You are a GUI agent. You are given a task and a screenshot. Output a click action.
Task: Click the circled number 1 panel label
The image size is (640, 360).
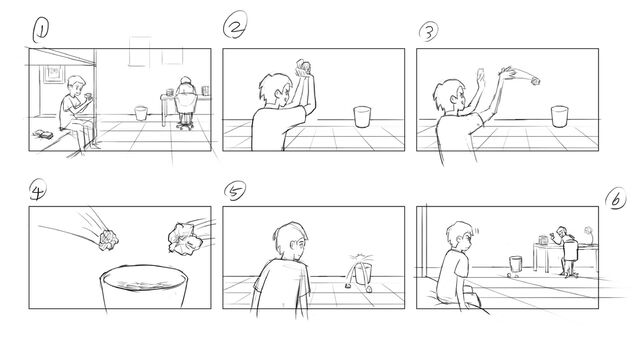pos(40,30)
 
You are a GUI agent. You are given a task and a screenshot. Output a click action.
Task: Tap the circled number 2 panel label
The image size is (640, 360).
pos(235,24)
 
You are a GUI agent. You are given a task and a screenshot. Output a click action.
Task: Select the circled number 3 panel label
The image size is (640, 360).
pos(429,31)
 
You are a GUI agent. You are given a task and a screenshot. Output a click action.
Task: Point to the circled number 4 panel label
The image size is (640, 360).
pos(38,191)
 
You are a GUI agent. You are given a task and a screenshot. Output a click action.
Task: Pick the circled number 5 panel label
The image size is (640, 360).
pos(235,191)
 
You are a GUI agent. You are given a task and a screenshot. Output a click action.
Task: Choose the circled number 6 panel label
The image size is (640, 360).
pos(616,199)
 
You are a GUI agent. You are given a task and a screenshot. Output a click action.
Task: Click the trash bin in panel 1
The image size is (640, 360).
pos(141,113)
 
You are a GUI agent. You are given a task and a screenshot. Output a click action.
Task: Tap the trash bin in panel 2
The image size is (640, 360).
pos(362,117)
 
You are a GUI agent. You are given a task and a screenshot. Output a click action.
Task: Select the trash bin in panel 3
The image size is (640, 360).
pos(559,116)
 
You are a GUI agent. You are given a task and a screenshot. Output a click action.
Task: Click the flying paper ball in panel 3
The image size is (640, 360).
pos(535,81)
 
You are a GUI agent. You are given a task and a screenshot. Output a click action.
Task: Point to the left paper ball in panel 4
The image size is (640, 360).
pos(109,240)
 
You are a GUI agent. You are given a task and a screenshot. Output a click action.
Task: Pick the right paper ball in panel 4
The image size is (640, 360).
pos(184,239)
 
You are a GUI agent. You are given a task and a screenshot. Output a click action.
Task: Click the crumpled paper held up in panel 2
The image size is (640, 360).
pos(303,68)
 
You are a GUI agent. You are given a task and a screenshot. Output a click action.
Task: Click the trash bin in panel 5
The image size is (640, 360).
pos(363,273)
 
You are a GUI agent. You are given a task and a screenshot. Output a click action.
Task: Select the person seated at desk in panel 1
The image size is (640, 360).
pos(186,102)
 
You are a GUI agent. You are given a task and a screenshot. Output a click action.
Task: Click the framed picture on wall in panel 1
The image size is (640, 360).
pos(54,74)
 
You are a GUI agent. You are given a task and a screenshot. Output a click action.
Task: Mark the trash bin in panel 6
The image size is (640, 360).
pos(516,264)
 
